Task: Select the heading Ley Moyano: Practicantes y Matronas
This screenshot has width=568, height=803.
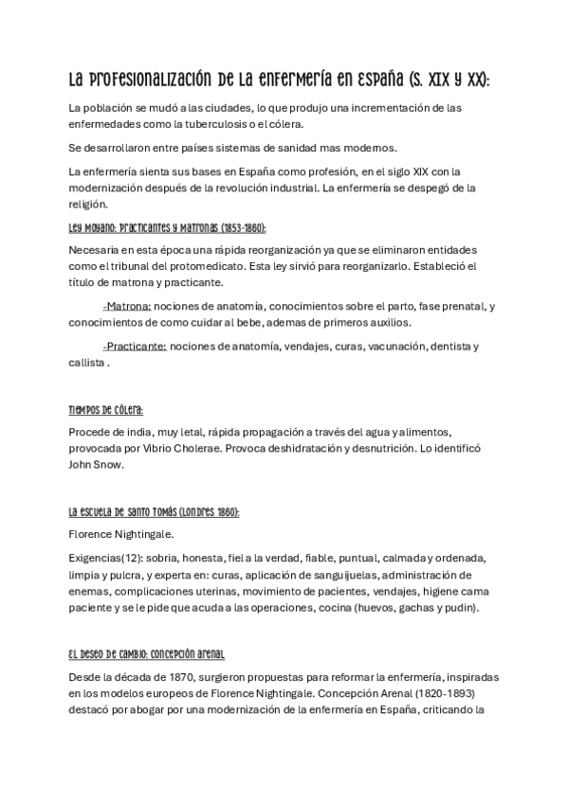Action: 167,229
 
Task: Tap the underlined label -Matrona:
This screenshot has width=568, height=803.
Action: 126,307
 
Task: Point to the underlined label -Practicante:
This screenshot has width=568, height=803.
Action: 134,347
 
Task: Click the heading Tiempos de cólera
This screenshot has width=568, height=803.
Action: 106,410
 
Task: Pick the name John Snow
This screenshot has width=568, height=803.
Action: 97,465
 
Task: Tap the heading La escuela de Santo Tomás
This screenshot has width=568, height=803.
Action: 154,511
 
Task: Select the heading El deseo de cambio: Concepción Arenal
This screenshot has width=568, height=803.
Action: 147,654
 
